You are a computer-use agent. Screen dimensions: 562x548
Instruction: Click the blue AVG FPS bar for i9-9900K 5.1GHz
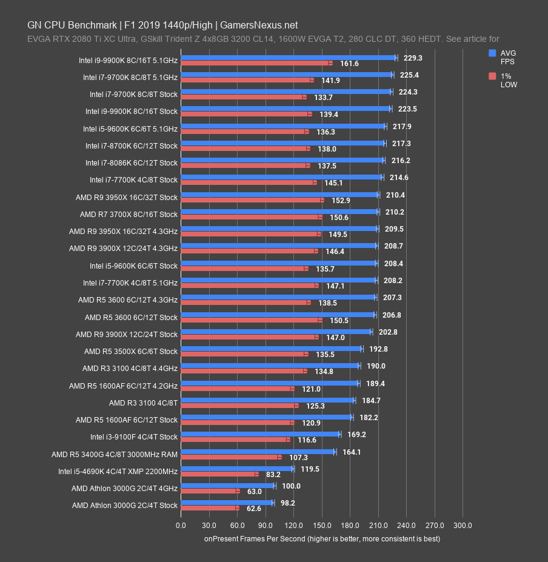tap(288, 58)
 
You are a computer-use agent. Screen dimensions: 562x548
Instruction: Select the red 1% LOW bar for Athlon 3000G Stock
tap(210, 508)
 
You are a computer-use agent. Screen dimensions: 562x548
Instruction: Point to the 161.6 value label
tap(349, 64)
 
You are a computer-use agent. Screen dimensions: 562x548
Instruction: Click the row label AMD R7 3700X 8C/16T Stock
tap(129, 215)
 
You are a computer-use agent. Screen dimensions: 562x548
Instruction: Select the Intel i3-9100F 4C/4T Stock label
tap(134, 437)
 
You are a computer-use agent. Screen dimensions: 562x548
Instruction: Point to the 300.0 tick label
tap(463, 525)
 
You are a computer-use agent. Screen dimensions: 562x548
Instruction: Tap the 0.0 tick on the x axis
tap(181, 525)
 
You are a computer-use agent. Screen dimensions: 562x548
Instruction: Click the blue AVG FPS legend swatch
tap(492, 53)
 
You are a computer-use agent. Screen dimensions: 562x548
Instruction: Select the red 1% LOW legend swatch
tap(492, 76)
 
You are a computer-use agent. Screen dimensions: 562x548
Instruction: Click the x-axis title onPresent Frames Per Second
tap(322, 538)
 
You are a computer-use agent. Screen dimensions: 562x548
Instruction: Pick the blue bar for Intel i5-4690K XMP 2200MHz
tap(237, 469)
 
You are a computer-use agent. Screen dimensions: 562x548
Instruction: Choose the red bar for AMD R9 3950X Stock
tap(252, 200)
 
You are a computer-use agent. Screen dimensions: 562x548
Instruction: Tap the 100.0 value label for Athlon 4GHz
tap(291, 486)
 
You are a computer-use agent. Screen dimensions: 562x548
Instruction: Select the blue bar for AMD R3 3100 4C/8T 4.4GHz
tap(270, 366)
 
